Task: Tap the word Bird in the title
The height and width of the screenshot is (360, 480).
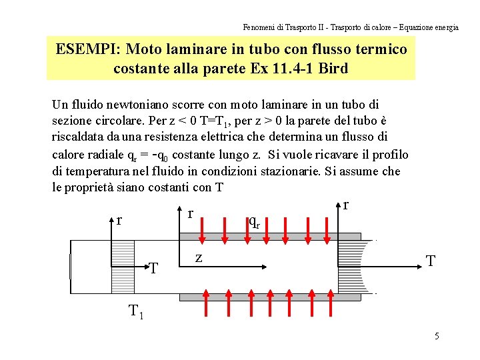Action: [x=330, y=68]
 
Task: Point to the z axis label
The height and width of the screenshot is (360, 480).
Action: [x=198, y=258]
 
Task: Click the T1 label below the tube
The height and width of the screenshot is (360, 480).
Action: [x=137, y=310]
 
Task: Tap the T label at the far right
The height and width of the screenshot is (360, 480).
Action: [x=431, y=261]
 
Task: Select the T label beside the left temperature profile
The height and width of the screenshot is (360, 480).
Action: [x=153, y=268]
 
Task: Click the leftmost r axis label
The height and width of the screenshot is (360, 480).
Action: [x=119, y=219]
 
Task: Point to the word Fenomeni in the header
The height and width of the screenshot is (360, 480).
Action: [x=259, y=27]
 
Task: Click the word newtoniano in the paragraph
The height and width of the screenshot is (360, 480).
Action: [x=127, y=105]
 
